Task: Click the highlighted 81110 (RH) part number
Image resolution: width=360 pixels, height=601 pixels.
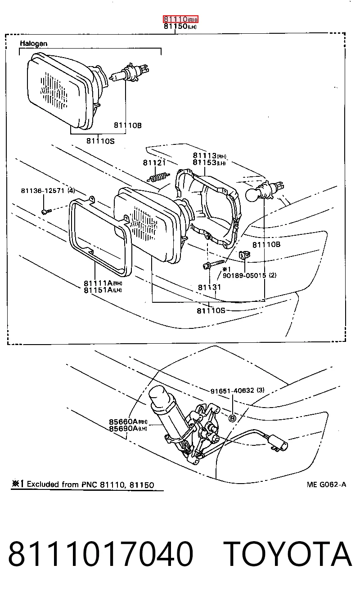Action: (180, 19)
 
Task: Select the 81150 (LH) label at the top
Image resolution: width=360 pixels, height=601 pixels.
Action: (180, 26)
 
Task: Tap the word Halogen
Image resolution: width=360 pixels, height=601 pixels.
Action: (34, 44)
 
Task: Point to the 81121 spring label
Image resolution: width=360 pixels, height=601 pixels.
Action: (154, 162)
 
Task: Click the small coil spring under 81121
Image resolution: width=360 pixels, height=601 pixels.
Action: (158, 177)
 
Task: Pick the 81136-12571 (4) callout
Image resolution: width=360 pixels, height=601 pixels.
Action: (48, 190)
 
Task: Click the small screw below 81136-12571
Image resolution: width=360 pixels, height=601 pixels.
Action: (46, 212)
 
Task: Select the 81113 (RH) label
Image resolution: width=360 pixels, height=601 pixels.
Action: (209, 155)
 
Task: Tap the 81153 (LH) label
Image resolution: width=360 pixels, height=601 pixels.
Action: (209, 162)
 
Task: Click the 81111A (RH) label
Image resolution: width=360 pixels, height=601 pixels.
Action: (103, 283)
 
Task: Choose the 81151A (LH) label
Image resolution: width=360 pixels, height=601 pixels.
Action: (103, 290)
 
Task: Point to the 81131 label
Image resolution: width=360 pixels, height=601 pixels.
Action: (209, 287)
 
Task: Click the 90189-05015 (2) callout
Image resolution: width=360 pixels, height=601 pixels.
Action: (249, 275)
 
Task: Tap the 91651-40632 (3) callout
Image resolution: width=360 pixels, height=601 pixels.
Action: (237, 390)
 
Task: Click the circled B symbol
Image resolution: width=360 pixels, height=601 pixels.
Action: (232, 418)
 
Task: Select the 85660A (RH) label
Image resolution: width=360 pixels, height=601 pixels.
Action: (128, 422)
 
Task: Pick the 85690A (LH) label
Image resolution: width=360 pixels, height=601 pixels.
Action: (128, 429)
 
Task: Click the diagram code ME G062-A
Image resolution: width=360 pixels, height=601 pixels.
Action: (326, 484)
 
